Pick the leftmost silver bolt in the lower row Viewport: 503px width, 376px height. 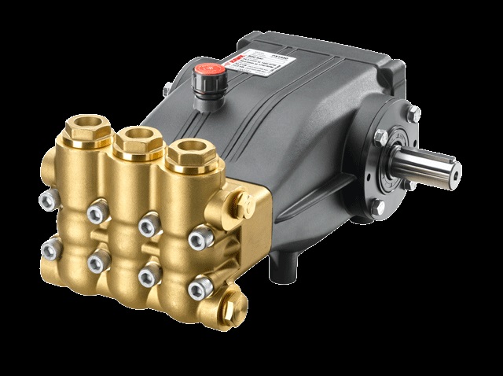(50, 250)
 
